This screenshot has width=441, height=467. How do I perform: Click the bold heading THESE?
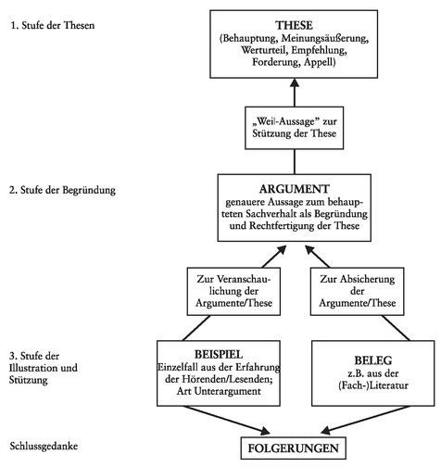tap(294, 25)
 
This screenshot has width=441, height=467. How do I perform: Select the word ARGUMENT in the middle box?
tap(295, 189)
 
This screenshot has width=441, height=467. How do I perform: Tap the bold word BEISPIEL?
tap(219, 355)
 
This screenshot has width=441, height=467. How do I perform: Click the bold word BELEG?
tap(373, 360)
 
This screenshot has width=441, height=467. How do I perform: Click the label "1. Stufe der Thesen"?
tap(53, 25)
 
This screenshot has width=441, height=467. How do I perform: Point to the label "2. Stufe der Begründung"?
tap(62, 190)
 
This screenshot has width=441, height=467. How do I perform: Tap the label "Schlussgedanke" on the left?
tap(44, 447)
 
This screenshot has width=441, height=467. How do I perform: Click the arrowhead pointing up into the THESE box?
tap(295, 82)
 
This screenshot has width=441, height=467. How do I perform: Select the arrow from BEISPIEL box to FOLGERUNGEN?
tap(227, 420)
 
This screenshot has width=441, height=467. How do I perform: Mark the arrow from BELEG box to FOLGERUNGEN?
tap(365, 420)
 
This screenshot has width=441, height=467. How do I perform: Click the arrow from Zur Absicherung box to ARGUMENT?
tap(318, 257)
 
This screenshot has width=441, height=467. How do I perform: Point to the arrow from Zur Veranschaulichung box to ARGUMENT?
tap(274, 257)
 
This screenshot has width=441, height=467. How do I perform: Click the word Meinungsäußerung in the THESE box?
tap(325, 39)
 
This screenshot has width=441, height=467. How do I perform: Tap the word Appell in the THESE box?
tap(320, 62)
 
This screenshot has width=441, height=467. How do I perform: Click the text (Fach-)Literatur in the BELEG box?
tap(373, 385)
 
